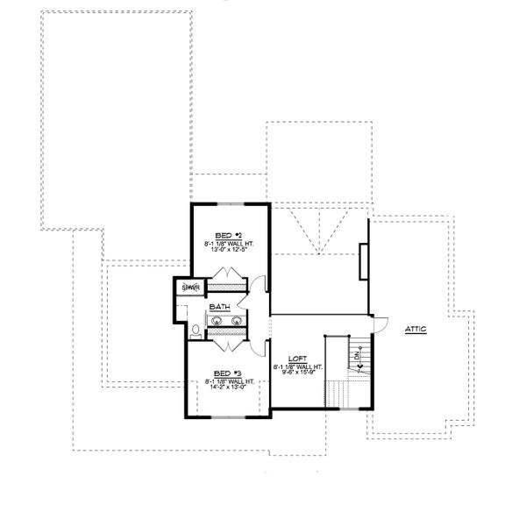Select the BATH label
pyautogui.click(x=219, y=308)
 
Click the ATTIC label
pyautogui.click(x=416, y=329)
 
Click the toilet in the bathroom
pyautogui.click(x=194, y=331)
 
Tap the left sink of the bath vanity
pyautogui.click(x=214, y=323)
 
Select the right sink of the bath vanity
pyautogui.click(x=236, y=323)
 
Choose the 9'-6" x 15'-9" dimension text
pyautogui.click(x=298, y=371)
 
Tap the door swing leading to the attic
pyautogui.click(x=378, y=323)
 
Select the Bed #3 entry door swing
pyautogui.click(x=256, y=345)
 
